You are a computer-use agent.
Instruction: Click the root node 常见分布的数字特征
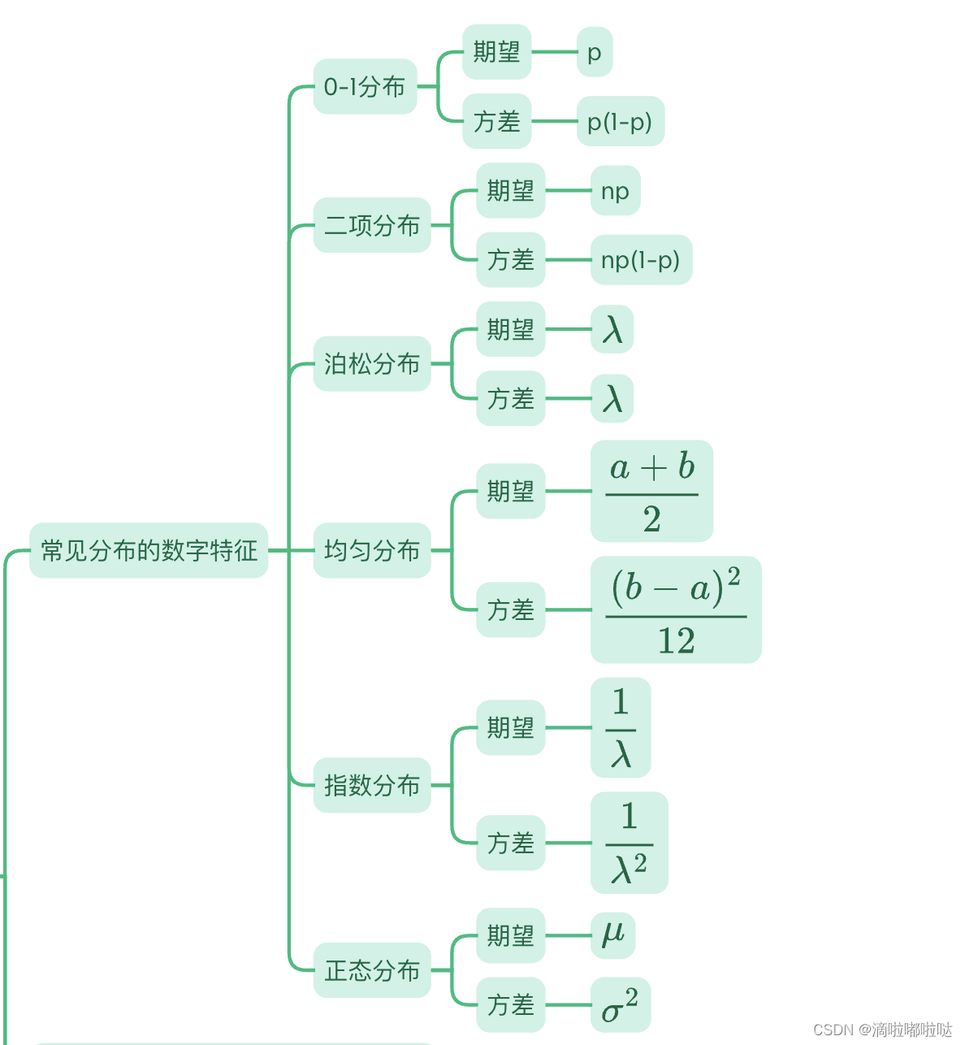tap(149, 550)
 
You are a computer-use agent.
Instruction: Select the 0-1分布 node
tap(365, 86)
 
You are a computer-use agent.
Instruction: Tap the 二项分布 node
tap(372, 225)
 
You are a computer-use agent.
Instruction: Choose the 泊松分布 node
tap(372, 363)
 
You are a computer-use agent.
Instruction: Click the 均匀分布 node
tap(372, 550)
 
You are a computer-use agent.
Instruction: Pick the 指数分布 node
tap(372, 785)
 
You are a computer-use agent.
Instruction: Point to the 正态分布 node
tap(372, 969)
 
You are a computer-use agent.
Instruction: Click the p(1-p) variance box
tap(620, 122)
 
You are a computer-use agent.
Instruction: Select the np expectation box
tap(615, 191)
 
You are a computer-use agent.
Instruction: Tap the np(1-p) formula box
tap(641, 260)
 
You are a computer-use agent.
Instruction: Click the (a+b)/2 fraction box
tap(651, 492)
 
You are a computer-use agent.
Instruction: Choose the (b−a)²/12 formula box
tap(676, 609)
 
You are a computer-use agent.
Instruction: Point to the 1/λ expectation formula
tap(621, 727)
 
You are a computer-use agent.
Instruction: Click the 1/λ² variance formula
tap(629, 843)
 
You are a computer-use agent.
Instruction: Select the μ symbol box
tap(612, 935)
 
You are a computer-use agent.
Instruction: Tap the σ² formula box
tap(620, 1005)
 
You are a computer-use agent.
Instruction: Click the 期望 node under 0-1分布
tap(496, 52)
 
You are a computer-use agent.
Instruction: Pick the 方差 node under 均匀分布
tap(510, 609)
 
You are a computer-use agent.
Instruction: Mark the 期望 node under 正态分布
tap(510, 935)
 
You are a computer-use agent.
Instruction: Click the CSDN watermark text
tap(882, 1030)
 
